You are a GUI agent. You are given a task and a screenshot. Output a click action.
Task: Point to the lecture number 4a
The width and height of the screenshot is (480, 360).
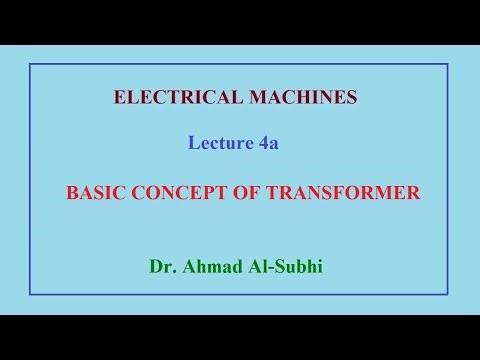click(x=267, y=143)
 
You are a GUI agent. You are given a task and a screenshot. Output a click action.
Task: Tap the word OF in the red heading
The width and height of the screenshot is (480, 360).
click(x=249, y=194)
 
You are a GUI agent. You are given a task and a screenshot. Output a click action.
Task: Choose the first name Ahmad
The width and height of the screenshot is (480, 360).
click(x=212, y=267)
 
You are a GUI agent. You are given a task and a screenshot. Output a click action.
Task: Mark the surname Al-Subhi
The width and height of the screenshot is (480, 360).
click(x=291, y=267)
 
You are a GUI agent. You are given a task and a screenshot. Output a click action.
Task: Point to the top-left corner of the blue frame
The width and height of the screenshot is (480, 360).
click(x=30, y=64)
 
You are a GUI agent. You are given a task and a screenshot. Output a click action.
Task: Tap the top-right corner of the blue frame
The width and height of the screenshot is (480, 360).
click(x=447, y=64)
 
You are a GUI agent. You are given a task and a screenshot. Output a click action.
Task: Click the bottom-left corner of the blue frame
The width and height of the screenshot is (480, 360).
click(x=30, y=294)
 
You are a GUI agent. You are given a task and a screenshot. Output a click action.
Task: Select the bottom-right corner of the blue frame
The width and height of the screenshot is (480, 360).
click(x=447, y=294)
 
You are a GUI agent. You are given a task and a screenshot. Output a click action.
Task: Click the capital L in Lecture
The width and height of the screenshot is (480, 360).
click(x=194, y=143)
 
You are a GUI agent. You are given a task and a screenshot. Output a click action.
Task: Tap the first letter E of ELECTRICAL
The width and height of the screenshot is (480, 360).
click(x=120, y=98)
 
